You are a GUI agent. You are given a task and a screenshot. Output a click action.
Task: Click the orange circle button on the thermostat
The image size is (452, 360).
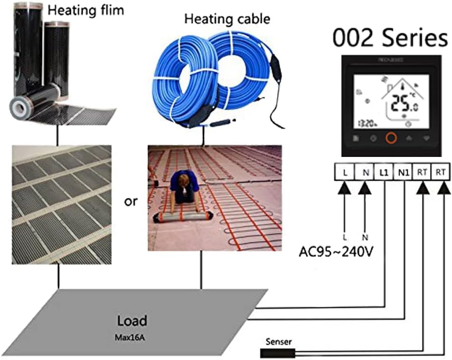tap(391, 138)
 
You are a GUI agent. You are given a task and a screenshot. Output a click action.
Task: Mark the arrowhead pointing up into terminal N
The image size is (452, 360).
tap(364, 189)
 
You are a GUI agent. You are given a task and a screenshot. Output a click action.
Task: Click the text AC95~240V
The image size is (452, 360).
tap(336, 251)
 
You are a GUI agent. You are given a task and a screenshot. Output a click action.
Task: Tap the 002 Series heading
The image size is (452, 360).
tap(390, 39)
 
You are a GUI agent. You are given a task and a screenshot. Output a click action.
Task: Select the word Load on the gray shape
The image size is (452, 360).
tap(131, 320)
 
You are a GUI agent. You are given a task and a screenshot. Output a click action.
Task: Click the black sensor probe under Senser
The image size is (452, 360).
tap(277, 353)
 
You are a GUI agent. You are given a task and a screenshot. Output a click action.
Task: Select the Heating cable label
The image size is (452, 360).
tap(227, 19)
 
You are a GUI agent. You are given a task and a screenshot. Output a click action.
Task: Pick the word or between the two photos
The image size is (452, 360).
tap(130, 201)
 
